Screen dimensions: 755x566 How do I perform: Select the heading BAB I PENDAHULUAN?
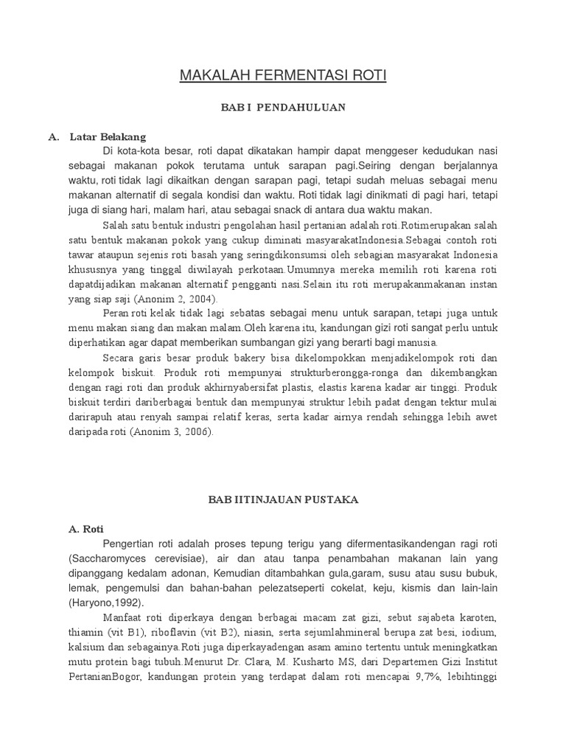coord(284,108)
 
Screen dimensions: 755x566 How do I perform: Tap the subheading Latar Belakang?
coord(108,136)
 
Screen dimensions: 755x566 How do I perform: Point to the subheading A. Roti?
coord(86,529)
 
